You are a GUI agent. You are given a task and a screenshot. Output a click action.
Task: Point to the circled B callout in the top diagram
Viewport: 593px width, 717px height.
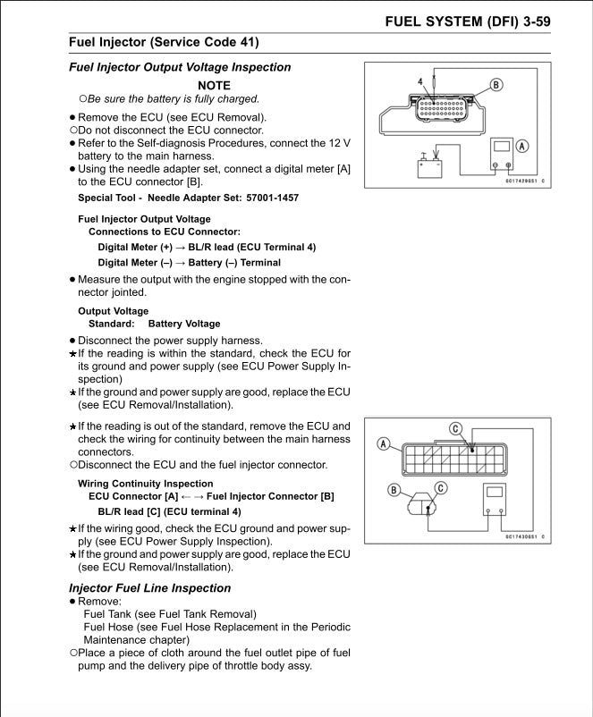coord(496,85)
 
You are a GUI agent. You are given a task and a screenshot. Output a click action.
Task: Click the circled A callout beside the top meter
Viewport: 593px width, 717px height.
coord(522,146)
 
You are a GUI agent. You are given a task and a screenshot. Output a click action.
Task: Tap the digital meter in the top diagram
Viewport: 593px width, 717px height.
coord(502,156)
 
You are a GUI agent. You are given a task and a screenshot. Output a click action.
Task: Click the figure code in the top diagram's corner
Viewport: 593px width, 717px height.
coord(523,181)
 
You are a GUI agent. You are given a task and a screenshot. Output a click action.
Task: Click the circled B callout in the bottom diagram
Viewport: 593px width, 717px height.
coord(394,489)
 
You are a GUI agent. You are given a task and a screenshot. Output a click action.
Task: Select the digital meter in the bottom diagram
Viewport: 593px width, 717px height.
coord(496,501)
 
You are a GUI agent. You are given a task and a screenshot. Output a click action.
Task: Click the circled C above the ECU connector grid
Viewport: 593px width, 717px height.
coord(456,429)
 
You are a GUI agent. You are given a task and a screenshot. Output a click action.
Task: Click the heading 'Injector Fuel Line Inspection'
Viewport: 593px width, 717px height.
coord(149,587)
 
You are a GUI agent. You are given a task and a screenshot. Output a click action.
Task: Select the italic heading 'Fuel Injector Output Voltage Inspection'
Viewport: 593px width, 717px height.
coord(180,67)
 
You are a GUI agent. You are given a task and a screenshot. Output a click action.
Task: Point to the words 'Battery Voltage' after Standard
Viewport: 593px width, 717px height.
coord(184,324)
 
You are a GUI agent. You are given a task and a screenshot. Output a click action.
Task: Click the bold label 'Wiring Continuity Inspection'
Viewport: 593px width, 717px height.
coord(145,484)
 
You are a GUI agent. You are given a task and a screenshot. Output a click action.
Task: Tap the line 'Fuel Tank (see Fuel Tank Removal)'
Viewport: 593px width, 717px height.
coord(169,614)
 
